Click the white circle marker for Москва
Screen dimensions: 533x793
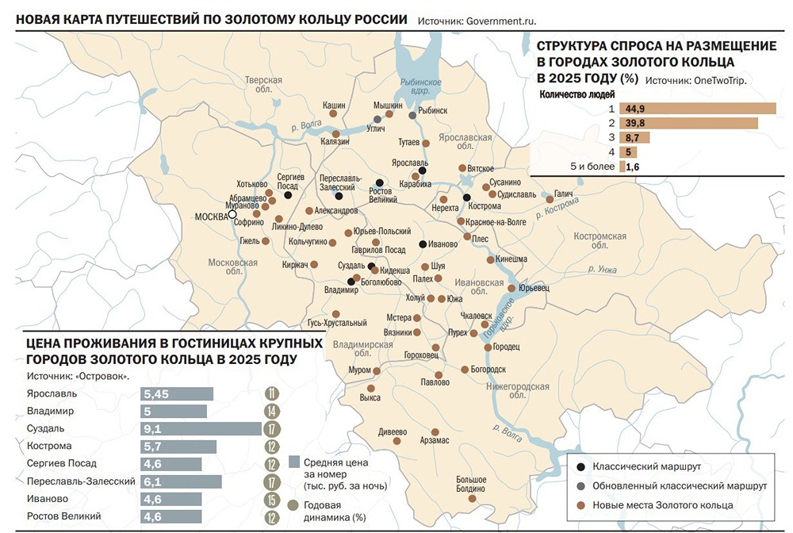tap(233, 214)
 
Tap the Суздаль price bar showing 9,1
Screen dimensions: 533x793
tap(201, 429)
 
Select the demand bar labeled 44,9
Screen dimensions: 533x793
tap(699, 109)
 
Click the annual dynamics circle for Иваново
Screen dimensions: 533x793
tap(272, 500)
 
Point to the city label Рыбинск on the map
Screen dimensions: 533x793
tap(433, 111)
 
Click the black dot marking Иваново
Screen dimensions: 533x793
tap(423, 244)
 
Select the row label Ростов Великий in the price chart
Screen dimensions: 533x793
tap(63, 516)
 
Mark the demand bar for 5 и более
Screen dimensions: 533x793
tap(623, 167)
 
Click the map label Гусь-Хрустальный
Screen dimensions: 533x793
tap(337, 323)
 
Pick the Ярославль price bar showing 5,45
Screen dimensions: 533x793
tap(177, 394)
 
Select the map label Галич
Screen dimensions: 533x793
tap(563, 193)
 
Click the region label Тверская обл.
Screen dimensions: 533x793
tap(263, 86)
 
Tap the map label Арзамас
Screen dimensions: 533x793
tap(435, 440)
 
